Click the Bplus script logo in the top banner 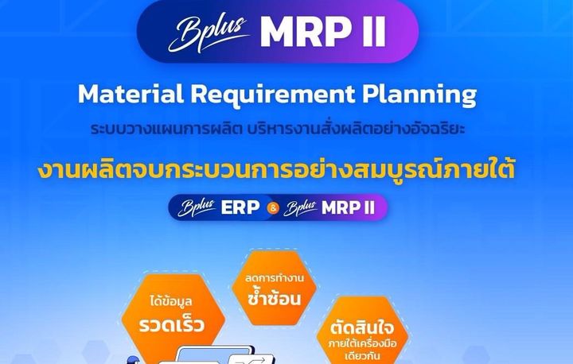[209, 33]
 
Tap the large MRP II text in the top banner [322, 32]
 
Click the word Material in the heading [131, 94]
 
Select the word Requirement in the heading [273, 95]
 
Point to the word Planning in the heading [419, 95]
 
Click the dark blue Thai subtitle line [278, 129]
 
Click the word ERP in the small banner [240, 207]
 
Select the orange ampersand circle [273, 208]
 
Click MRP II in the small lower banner [348, 207]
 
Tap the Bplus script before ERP [197, 207]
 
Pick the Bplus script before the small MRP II [300, 208]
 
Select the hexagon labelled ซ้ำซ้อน [274, 288]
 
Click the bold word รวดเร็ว [171, 324]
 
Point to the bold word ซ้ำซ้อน [274, 297]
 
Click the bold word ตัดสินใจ [362, 327]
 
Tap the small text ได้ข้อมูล [170, 301]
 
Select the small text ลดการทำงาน [274, 278]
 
